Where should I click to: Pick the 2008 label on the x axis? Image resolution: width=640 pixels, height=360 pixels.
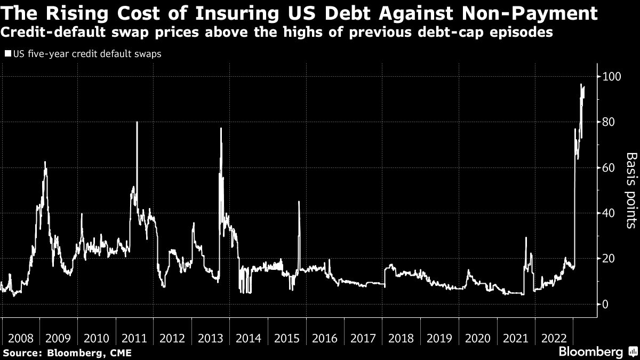pyautogui.click(x=21, y=338)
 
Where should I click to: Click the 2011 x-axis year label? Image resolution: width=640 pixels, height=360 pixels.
pyautogui.click(x=134, y=338)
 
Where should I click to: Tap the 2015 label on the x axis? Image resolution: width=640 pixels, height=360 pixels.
pyautogui.click(x=286, y=338)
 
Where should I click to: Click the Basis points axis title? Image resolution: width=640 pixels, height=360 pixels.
pyautogui.click(x=631, y=190)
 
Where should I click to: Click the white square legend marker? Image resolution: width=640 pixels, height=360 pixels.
pyautogui.click(x=7, y=54)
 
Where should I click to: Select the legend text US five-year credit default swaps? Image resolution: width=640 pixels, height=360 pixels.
pyautogui.click(x=85, y=54)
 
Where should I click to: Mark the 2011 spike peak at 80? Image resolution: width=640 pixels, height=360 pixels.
pyautogui.click(x=137, y=122)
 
